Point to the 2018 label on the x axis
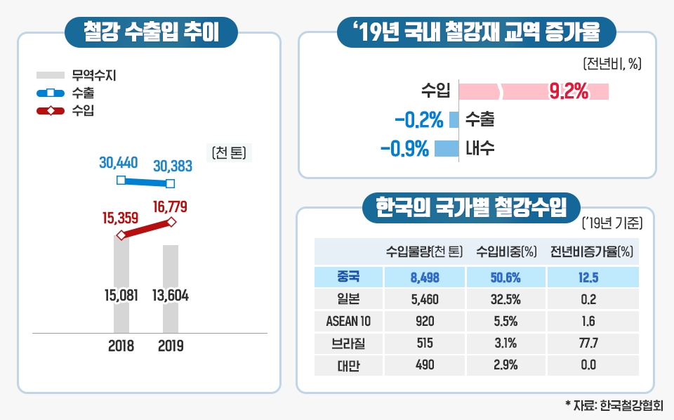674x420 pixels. (121, 346)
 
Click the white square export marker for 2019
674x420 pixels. (171, 184)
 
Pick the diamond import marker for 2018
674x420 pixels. (121, 235)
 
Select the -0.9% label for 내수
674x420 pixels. (404, 149)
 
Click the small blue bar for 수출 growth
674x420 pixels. (454, 119)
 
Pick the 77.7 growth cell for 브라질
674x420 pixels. (589, 344)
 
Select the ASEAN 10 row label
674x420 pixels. (349, 322)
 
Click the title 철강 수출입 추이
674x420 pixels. (150, 30)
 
